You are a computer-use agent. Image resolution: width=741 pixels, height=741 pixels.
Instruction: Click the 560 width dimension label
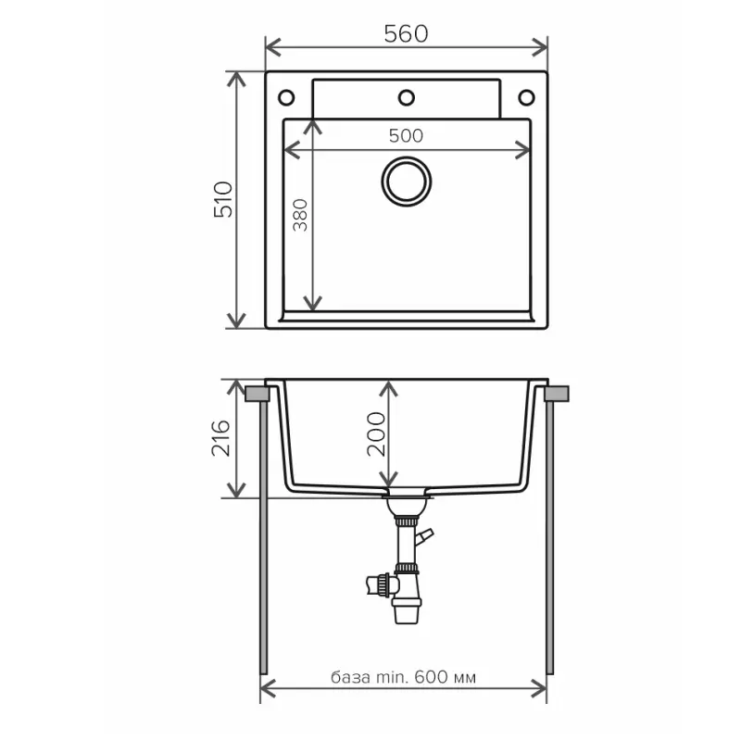(406, 33)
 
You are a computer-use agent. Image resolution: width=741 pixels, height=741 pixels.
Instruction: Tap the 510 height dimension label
(223, 199)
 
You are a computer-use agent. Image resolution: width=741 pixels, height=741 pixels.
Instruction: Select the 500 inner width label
(406, 136)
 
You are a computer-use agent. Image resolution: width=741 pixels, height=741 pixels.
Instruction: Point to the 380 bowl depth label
(300, 215)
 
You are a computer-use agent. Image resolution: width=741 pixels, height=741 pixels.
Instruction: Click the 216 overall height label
(220, 437)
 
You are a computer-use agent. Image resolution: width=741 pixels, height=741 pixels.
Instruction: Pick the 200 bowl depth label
(377, 433)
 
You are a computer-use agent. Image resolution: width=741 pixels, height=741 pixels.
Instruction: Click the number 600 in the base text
(431, 677)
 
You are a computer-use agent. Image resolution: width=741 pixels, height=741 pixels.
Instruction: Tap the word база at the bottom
(351, 678)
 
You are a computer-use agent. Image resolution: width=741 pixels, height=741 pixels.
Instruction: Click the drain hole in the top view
(407, 182)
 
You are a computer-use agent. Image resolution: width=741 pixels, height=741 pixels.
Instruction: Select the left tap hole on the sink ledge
(286, 98)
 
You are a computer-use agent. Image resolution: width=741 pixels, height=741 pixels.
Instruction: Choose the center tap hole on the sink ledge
(407, 98)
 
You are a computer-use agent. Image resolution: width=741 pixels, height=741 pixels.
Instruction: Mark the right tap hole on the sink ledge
(526, 98)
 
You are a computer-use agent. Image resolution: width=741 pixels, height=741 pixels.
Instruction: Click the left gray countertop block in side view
(257, 394)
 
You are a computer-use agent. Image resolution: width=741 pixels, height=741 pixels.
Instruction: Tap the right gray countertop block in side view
(557, 394)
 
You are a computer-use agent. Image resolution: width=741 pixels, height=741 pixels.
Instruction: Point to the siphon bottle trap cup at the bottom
(406, 611)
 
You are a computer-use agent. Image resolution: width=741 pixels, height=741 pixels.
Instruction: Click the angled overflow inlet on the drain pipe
(424, 537)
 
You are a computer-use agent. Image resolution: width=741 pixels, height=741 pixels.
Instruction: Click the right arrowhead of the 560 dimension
(540, 47)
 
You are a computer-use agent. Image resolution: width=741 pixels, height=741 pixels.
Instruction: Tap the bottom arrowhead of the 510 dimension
(236, 320)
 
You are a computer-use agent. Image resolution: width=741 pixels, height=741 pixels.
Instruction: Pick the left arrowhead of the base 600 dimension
(269, 689)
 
